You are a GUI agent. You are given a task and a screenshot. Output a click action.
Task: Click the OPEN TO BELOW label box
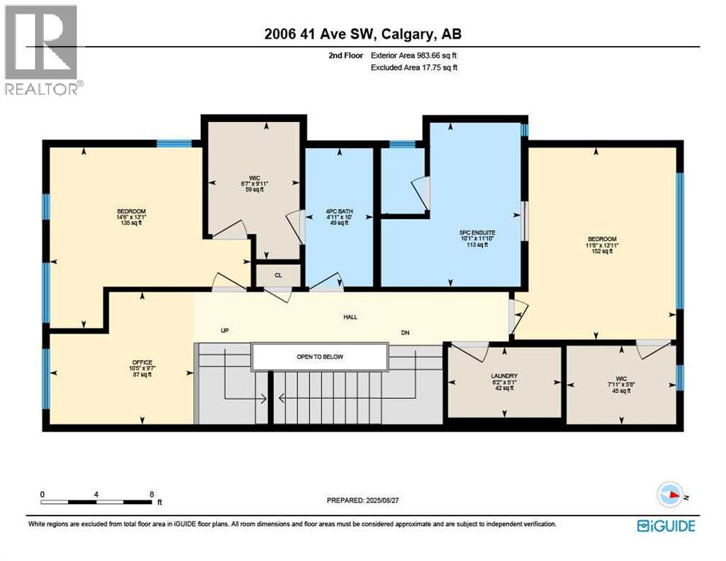[x=319, y=356]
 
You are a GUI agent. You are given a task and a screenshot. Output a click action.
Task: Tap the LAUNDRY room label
[x=504, y=375]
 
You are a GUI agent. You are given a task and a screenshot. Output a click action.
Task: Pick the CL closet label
[x=278, y=275]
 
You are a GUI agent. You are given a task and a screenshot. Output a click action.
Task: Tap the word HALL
[x=351, y=317]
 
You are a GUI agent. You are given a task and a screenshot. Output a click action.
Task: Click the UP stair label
[x=225, y=331]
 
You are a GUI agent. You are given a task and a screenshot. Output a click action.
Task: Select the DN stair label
[x=405, y=332]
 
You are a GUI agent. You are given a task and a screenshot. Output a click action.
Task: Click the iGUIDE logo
[x=665, y=525]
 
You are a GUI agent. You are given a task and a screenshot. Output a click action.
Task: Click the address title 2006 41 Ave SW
[x=362, y=34]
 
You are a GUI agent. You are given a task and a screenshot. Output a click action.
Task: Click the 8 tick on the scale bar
[x=152, y=494]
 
